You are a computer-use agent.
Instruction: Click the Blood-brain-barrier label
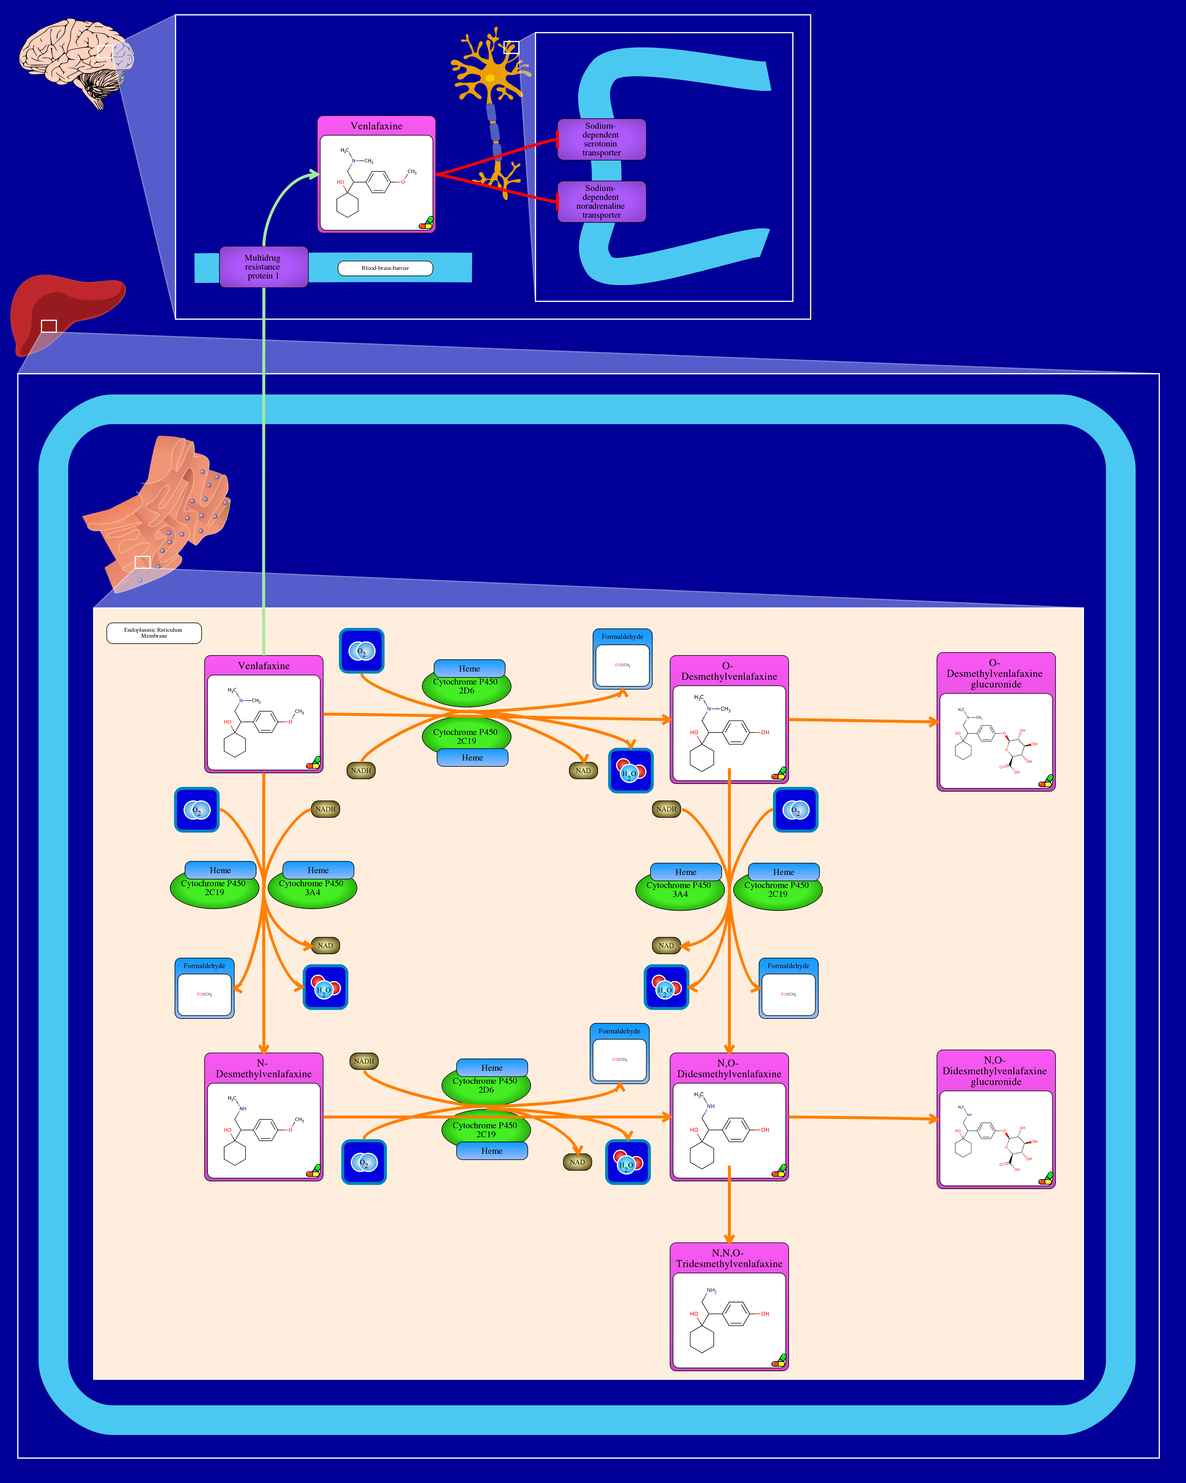click(385, 268)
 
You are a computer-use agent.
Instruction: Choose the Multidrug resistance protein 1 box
click(263, 267)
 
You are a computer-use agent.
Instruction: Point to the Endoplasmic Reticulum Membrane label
click(154, 633)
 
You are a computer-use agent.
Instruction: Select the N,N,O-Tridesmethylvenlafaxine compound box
click(729, 1307)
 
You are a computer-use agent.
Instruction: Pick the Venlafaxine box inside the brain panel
click(376, 175)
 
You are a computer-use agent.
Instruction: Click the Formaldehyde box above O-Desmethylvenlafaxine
click(622, 659)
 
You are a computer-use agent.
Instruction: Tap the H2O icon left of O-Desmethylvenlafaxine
click(630, 770)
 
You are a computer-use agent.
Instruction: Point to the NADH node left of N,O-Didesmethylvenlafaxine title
click(364, 1061)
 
